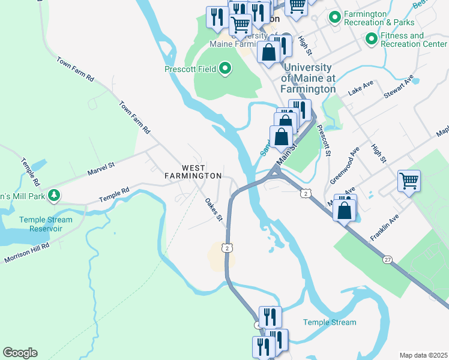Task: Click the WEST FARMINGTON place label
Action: coord(193,172)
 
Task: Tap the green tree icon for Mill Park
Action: coord(54,195)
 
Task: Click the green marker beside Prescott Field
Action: coord(225,70)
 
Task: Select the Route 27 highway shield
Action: coord(387,259)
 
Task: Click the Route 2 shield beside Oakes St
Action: coord(226,247)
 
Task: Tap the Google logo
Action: coord(20,353)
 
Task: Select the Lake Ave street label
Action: coord(361,91)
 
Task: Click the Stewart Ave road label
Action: coord(400,88)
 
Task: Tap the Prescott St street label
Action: coord(324,140)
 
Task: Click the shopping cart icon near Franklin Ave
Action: coord(409,179)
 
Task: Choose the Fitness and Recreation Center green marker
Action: coord(372,40)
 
